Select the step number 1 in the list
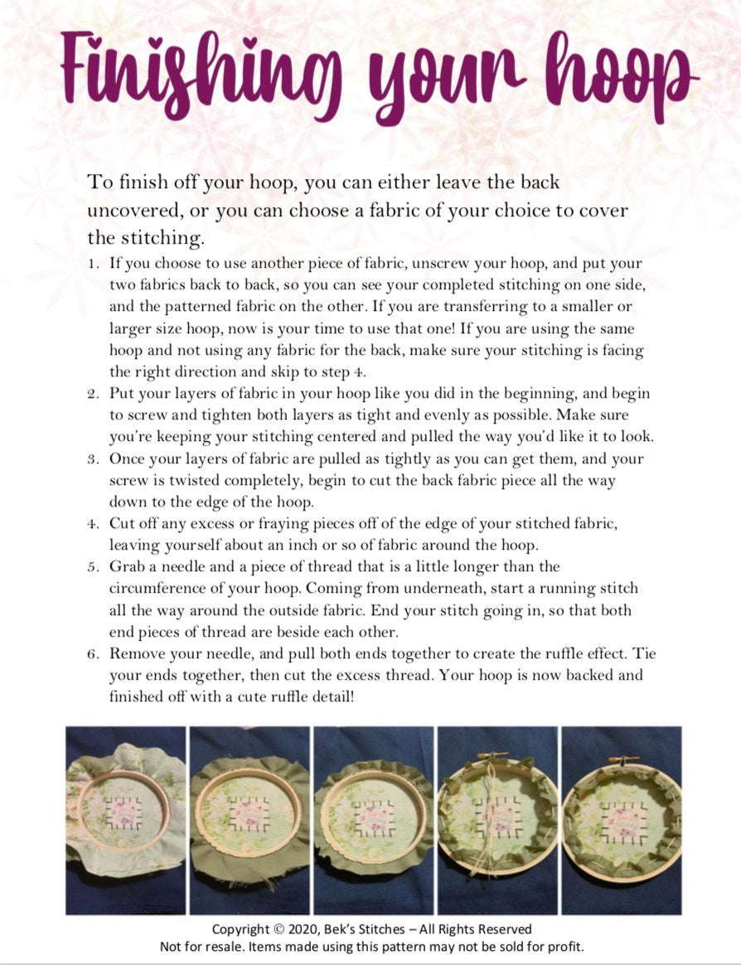(93, 264)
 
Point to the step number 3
(93, 459)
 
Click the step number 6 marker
(93, 654)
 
